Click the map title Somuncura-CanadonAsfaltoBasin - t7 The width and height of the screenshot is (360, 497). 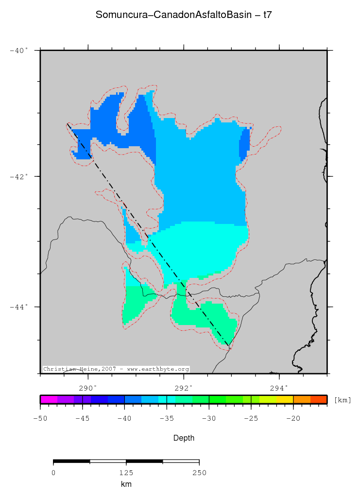click(184, 15)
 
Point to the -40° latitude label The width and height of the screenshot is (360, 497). click(19, 50)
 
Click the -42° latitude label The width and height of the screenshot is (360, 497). click(19, 176)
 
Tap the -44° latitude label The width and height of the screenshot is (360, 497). click(19, 307)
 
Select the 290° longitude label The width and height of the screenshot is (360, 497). click(88, 388)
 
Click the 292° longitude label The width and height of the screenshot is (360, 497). click(184, 388)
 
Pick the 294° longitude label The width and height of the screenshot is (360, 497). click(279, 388)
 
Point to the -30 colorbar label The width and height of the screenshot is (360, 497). click(209, 418)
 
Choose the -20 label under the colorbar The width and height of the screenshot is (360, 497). click(293, 418)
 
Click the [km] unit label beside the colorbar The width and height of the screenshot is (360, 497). click(343, 400)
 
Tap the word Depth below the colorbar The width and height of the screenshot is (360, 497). click(184, 438)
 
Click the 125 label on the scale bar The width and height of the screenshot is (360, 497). click(126, 473)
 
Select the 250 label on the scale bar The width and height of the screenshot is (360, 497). click(199, 473)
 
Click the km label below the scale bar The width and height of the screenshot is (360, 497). click(126, 484)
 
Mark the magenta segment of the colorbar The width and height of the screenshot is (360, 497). click(49, 399)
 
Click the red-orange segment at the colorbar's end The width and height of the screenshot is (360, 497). click(319, 399)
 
